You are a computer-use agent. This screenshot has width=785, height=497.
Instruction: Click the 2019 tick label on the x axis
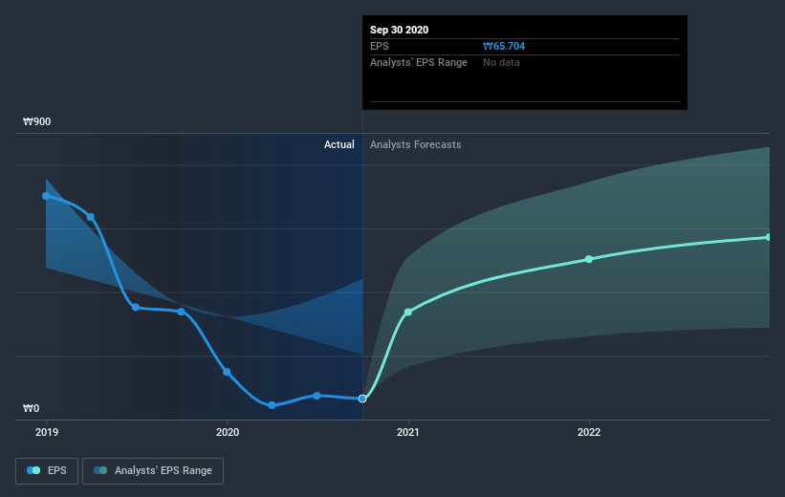(46, 432)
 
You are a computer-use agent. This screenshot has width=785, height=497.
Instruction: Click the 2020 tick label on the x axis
(228, 432)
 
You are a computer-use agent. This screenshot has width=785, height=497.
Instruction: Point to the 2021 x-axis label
(408, 432)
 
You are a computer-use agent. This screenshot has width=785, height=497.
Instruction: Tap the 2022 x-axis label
(589, 432)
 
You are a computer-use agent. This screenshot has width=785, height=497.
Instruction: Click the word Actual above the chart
(338, 144)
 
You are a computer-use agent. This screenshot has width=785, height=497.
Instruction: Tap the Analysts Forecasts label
(416, 144)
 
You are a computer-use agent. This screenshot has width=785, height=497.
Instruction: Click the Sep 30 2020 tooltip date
(400, 30)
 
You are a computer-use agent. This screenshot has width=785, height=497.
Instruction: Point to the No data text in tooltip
(502, 62)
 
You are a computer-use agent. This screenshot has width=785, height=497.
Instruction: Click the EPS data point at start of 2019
(46, 196)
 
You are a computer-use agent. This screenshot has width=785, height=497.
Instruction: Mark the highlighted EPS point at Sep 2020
(362, 399)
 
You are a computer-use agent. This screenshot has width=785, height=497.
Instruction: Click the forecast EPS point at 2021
(408, 312)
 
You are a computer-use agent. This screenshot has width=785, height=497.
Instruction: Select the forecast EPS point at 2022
(589, 259)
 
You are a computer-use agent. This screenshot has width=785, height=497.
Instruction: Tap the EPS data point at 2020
(227, 372)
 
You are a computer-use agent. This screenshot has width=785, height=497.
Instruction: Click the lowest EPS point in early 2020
(272, 405)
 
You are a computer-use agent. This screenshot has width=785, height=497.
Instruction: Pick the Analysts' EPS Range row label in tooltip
(419, 62)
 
